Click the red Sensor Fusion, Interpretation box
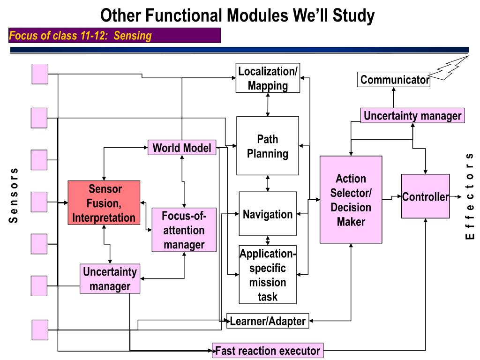pyautogui.click(x=104, y=202)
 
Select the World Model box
pyautogui.click(x=182, y=148)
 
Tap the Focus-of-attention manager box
pyautogui.click(x=184, y=230)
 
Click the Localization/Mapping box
pyautogui.click(x=268, y=78)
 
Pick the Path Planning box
pyautogui.click(x=268, y=146)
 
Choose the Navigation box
pyautogui.click(x=268, y=214)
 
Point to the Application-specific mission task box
pyautogui.click(x=268, y=275)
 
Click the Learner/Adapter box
pyautogui.click(x=268, y=321)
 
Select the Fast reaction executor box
pyautogui.click(x=268, y=350)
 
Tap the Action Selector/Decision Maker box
pyautogui.click(x=351, y=200)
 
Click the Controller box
pyautogui.click(x=425, y=196)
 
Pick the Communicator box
pyautogui.click(x=394, y=80)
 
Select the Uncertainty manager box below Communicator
pyautogui.click(x=412, y=115)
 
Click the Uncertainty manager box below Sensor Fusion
pyautogui.click(x=110, y=278)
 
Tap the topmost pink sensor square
pyautogui.click(x=40, y=74)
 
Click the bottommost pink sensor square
pyautogui.click(x=40, y=330)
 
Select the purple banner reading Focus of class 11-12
pyautogui.click(x=114, y=36)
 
